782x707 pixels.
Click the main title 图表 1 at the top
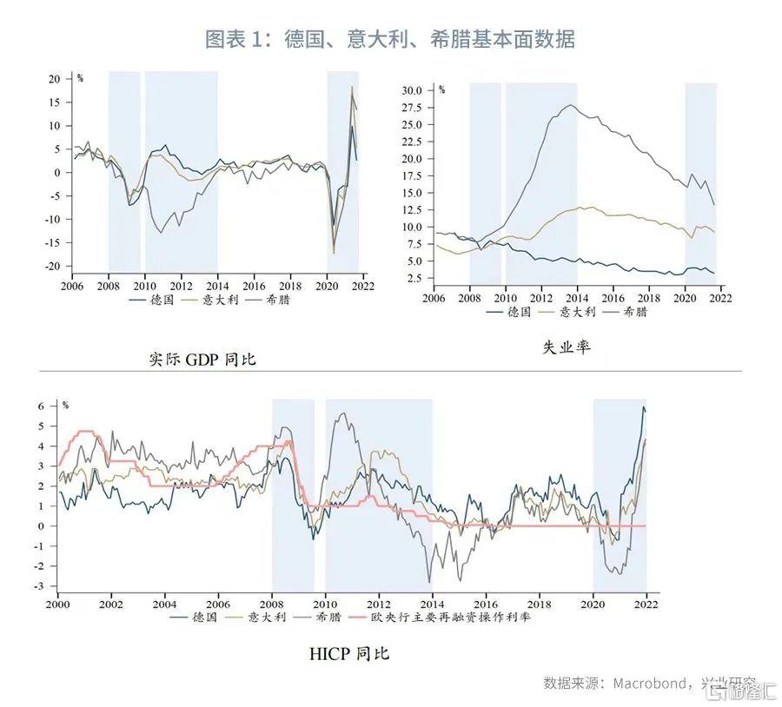(389, 39)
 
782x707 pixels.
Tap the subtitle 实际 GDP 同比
(202, 359)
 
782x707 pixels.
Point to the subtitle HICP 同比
(349, 653)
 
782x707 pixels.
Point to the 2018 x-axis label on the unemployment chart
(649, 298)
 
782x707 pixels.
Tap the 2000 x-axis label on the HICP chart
(57, 604)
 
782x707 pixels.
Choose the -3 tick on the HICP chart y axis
(40, 586)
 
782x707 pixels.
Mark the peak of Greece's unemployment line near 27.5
(571, 105)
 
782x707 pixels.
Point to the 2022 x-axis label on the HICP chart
(646, 604)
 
